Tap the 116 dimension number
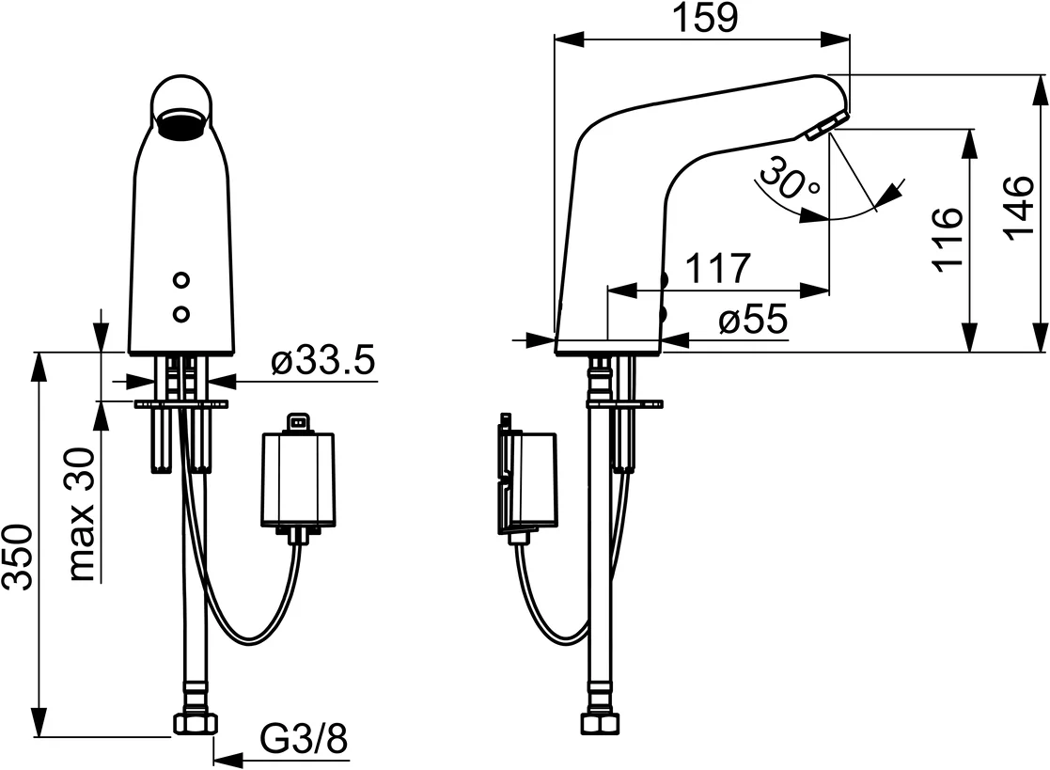tap(948, 238)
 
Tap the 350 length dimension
tap(20, 557)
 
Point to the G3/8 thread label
tap(303, 739)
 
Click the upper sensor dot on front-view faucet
tap(181, 280)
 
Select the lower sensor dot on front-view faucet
tap(181, 312)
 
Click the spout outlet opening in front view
tap(181, 124)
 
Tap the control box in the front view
tap(297, 478)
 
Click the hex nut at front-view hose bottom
tap(196, 723)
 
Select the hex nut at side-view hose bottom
tap(598, 723)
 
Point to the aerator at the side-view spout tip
tap(827, 127)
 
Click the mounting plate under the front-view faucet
tap(181, 404)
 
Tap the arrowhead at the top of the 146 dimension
tap(1042, 85)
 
